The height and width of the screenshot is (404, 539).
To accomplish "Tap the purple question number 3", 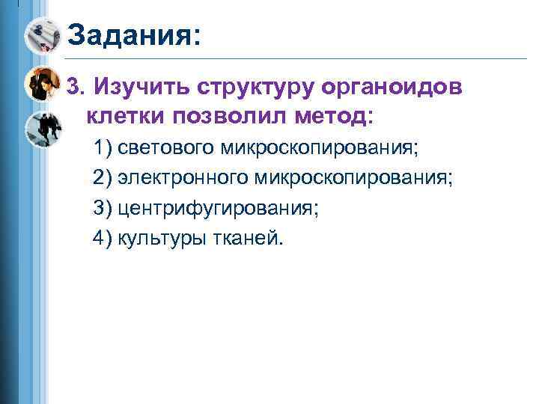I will tap(73, 88).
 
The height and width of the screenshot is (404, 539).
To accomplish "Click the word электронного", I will tap(184, 178).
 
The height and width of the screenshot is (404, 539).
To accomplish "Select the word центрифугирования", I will tap(218, 208).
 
